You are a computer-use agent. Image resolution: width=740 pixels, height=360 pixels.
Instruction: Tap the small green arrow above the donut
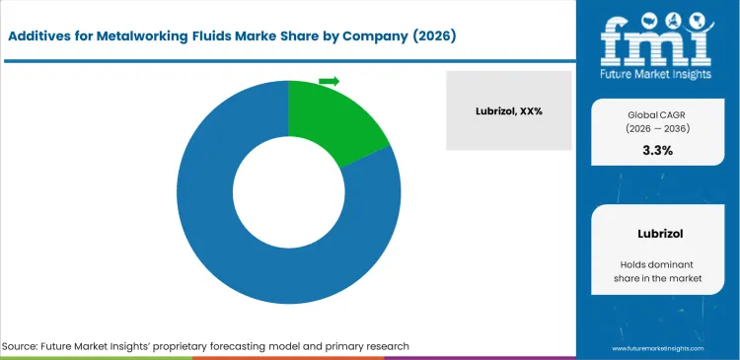[x=329, y=81]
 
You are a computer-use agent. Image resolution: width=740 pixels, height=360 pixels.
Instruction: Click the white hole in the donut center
[x=288, y=193]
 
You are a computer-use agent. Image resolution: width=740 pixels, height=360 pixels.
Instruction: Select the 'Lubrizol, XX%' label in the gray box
[x=508, y=110]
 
